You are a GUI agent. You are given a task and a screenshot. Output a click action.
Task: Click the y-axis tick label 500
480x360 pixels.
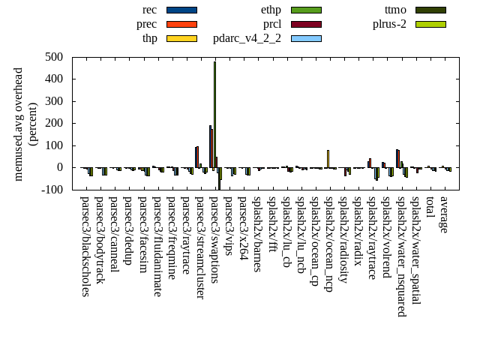click(53, 57)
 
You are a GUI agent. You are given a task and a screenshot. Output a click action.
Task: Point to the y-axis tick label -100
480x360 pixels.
click(52, 190)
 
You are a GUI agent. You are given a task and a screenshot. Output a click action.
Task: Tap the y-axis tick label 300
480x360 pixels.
click(53, 101)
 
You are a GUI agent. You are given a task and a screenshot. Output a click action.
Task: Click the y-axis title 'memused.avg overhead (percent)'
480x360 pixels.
click(25, 124)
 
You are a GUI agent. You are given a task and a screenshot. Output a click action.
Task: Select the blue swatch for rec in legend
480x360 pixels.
click(181, 10)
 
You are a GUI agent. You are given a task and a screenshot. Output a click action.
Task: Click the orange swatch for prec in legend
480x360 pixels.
click(181, 24)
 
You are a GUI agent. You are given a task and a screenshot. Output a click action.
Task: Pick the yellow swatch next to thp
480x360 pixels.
click(181, 38)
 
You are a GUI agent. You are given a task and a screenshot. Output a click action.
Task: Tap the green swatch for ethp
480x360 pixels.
click(306, 10)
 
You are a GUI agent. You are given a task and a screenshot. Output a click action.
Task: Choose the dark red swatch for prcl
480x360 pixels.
click(306, 24)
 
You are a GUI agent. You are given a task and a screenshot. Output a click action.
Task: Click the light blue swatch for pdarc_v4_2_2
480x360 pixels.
click(306, 38)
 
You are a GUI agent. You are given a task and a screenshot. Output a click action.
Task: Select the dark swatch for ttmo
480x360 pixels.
click(430, 10)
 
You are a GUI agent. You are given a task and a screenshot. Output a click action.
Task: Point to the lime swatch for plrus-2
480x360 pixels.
click(430, 24)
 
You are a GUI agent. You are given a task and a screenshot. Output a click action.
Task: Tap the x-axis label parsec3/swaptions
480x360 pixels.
click(214, 239)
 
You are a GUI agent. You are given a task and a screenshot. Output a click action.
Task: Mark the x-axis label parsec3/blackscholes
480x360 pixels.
click(85, 246)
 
